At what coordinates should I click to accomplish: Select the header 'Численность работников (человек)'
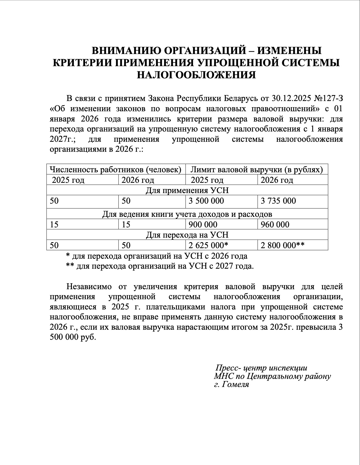tap(116, 170)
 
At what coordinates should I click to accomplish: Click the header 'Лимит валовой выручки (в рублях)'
tap(256, 170)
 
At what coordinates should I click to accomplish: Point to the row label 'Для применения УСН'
tap(187, 190)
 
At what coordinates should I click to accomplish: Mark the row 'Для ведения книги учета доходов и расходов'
tap(187, 214)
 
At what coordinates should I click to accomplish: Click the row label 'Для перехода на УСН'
tap(187, 235)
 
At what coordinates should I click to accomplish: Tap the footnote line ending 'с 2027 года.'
tap(160, 266)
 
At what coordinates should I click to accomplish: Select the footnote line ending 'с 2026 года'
tap(157, 256)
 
